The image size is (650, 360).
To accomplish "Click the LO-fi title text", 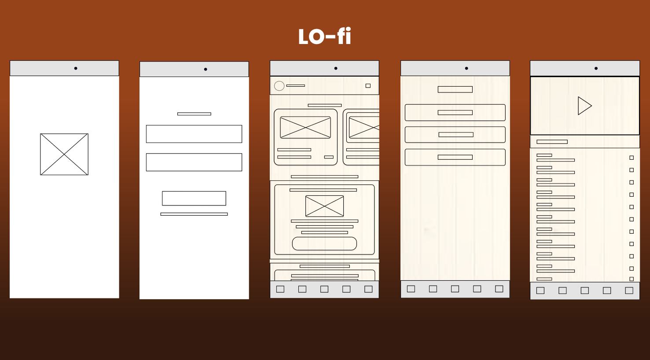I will (325, 37).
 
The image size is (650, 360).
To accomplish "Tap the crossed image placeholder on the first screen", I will (64, 154).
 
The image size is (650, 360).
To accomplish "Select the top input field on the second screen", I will (194, 134).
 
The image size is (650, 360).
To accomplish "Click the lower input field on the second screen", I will (194, 162).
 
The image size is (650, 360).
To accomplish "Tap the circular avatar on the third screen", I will (279, 86).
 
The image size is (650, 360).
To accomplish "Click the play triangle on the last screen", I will (584, 106).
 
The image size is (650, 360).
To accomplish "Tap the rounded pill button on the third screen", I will (324, 243).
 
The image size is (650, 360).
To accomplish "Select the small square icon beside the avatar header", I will (368, 86).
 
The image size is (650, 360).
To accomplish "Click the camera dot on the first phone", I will (76, 68).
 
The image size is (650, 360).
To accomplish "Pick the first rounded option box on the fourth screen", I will (455, 113).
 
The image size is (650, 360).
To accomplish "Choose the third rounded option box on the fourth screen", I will (455, 157).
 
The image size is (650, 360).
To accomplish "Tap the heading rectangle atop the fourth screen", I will (455, 89).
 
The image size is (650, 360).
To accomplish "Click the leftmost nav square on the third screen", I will (280, 289).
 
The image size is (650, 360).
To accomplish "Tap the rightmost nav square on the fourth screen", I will (499, 289).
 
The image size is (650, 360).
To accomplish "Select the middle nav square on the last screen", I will (584, 290).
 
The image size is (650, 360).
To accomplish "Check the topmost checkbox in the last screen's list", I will (632, 158).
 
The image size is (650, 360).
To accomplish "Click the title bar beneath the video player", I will (552, 142).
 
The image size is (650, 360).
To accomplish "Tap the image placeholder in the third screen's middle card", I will (324, 206).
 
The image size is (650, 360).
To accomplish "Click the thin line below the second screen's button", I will (194, 214).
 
